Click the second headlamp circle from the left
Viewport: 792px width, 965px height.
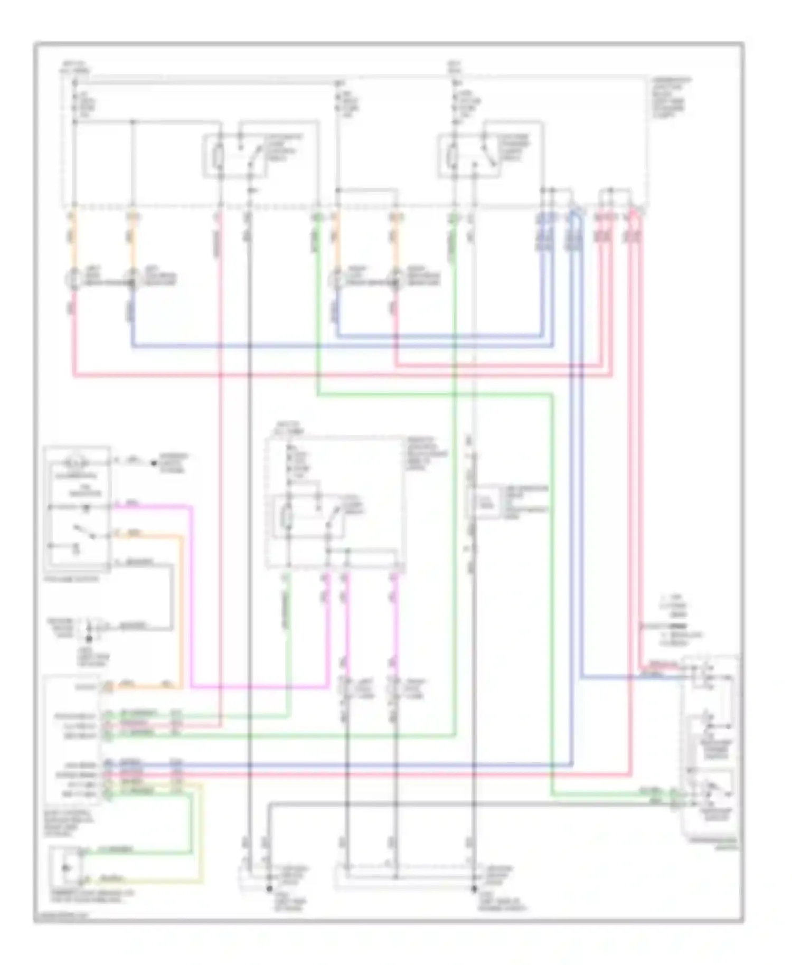pyautogui.click(x=131, y=279)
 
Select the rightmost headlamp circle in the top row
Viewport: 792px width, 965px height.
pyautogui.click(x=395, y=279)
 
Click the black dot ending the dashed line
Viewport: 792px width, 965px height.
pyautogui.click(x=154, y=463)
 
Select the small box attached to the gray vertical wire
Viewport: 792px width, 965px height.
pyautogui.click(x=482, y=501)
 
